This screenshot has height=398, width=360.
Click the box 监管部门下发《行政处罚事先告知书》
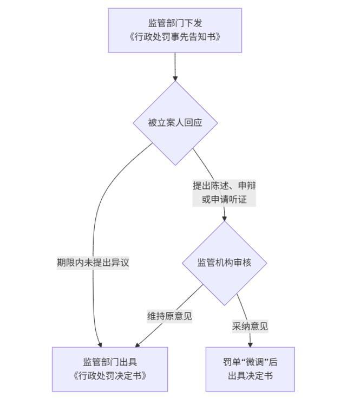[x=175, y=30]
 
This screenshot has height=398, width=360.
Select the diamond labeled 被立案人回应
[x=175, y=123]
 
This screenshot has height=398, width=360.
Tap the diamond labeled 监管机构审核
[x=224, y=263]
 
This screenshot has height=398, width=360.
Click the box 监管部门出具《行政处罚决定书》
[x=110, y=369]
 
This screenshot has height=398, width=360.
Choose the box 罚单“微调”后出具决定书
[x=250, y=369]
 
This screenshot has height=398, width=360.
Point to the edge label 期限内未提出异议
[x=93, y=263]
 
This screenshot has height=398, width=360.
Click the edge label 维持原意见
[x=169, y=316]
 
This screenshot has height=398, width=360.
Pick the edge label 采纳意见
[x=250, y=326]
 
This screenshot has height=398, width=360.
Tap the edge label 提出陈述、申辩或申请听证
[x=224, y=193]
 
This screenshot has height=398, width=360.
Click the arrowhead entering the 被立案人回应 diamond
[x=175, y=78]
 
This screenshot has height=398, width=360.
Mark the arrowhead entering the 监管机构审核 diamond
[x=224, y=218]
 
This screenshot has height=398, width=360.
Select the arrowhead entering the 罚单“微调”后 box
[x=250, y=344]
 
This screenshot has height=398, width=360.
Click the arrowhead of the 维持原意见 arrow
[x=138, y=344]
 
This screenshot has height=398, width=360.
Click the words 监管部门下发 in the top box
[x=175, y=23]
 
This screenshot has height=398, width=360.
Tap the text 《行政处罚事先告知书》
[x=175, y=37]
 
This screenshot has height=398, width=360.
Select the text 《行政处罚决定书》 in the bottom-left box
[x=110, y=376]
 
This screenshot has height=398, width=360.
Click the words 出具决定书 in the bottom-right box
[x=250, y=376]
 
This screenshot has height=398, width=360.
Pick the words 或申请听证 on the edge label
[x=224, y=200]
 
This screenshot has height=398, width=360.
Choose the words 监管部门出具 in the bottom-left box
[x=110, y=362]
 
